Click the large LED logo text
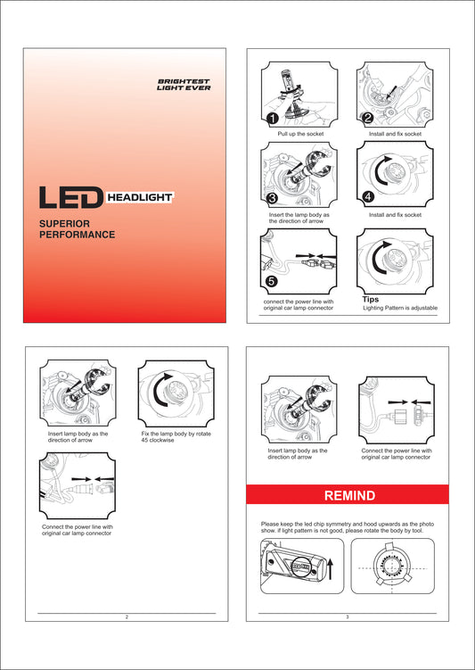tap(71, 197)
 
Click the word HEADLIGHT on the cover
tap(140, 197)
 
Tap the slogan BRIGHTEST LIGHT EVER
tap(184, 85)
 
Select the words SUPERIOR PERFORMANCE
tap(78, 229)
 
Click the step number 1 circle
tap(273, 119)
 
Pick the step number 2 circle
tap(368, 118)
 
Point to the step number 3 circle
tap(272, 198)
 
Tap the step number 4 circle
tap(368, 196)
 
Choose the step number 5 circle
tap(272, 281)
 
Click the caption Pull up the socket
tap(300, 134)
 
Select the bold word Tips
tap(371, 299)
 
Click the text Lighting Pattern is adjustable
tap(400, 308)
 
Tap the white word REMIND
tap(349, 496)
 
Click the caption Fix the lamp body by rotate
tap(176, 434)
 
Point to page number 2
tap(127, 617)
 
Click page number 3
tap(348, 617)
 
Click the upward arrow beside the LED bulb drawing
tap(330, 568)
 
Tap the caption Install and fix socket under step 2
tap(395, 134)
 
